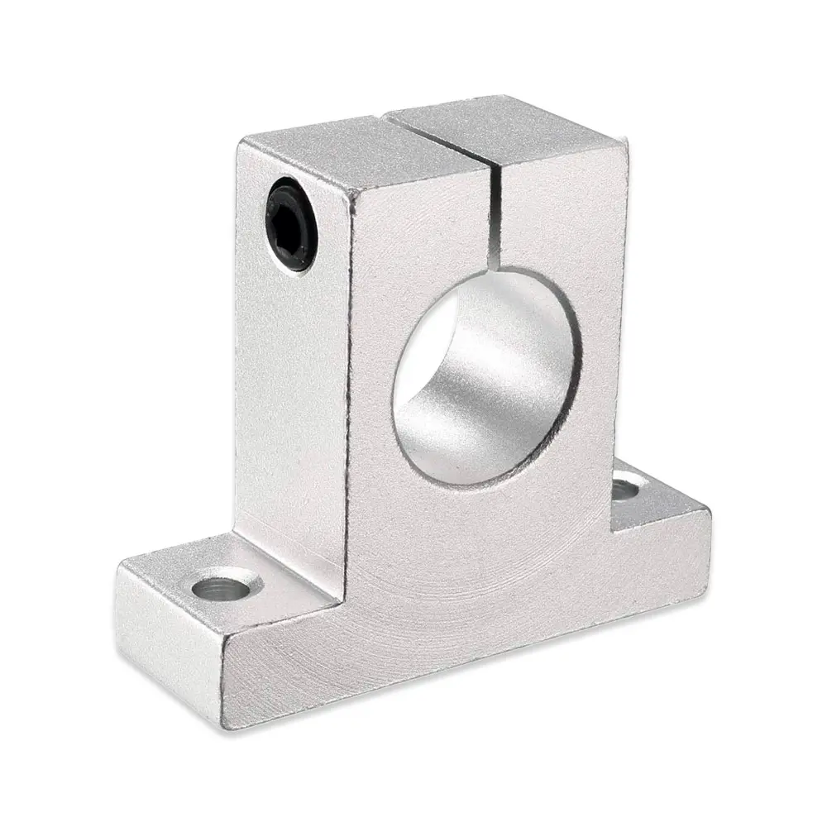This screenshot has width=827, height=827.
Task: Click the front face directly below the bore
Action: tap(496, 546)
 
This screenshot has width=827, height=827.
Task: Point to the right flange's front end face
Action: tap(662, 546)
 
